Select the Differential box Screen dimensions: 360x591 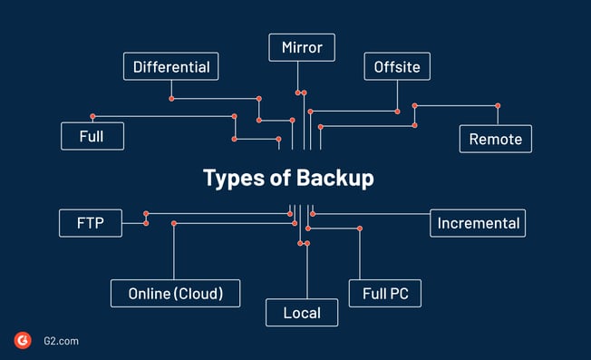170,66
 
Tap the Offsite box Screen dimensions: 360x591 397,66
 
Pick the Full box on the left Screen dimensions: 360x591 92,137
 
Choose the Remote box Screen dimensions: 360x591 495,139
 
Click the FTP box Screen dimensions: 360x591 90,223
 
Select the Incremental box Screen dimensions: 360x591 478,223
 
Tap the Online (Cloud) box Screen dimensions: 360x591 176,294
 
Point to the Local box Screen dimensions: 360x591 302,313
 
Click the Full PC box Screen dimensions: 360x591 384,294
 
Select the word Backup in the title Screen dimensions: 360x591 336,178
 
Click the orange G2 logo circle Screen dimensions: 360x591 23,340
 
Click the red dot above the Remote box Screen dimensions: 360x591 498,106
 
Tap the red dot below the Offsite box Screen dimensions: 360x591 397,112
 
